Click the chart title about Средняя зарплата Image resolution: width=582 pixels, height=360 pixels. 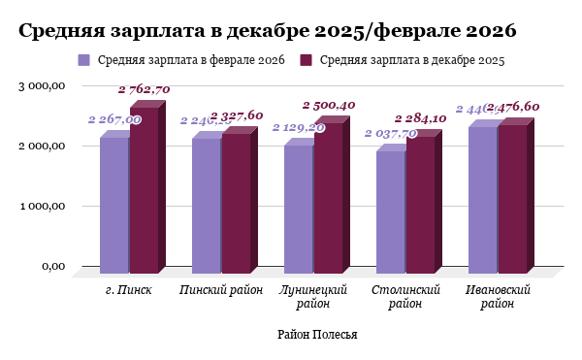pos(268,30)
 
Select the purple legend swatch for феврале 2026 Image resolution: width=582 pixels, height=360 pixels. pos(83,60)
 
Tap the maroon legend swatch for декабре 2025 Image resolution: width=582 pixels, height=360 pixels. pos(306,60)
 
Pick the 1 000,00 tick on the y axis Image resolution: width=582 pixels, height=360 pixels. pos(42,207)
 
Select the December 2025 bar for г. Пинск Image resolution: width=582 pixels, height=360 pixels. pos(144,189)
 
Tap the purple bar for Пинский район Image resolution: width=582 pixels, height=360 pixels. pos(206,205)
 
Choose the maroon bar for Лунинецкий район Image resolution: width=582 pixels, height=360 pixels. pos(328,198)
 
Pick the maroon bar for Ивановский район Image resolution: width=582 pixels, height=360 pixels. pos(512,199)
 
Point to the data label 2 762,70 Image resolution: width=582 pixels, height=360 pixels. pos(144,89)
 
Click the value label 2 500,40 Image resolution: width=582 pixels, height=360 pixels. pos(329,105)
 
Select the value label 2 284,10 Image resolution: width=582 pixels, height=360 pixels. pos(420,118)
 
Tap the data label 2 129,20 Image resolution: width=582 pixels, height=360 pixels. pos(298,127)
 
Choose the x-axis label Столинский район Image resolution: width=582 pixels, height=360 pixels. pos(406,296)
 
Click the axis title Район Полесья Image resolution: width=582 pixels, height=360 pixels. pos(317,335)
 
